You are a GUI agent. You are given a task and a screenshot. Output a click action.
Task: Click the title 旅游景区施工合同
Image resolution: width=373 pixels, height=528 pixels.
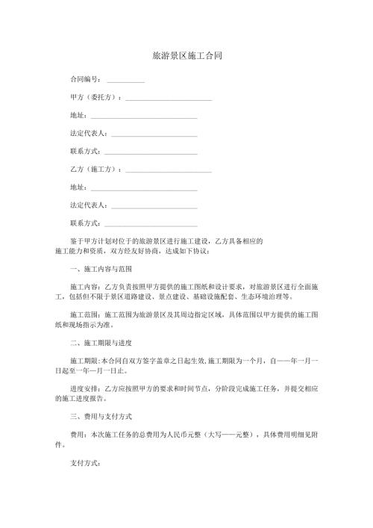pyautogui.click(x=186, y=56)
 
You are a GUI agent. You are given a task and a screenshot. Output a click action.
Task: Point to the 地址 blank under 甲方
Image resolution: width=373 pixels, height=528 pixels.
pyautogui.click(x=143, y=118)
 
